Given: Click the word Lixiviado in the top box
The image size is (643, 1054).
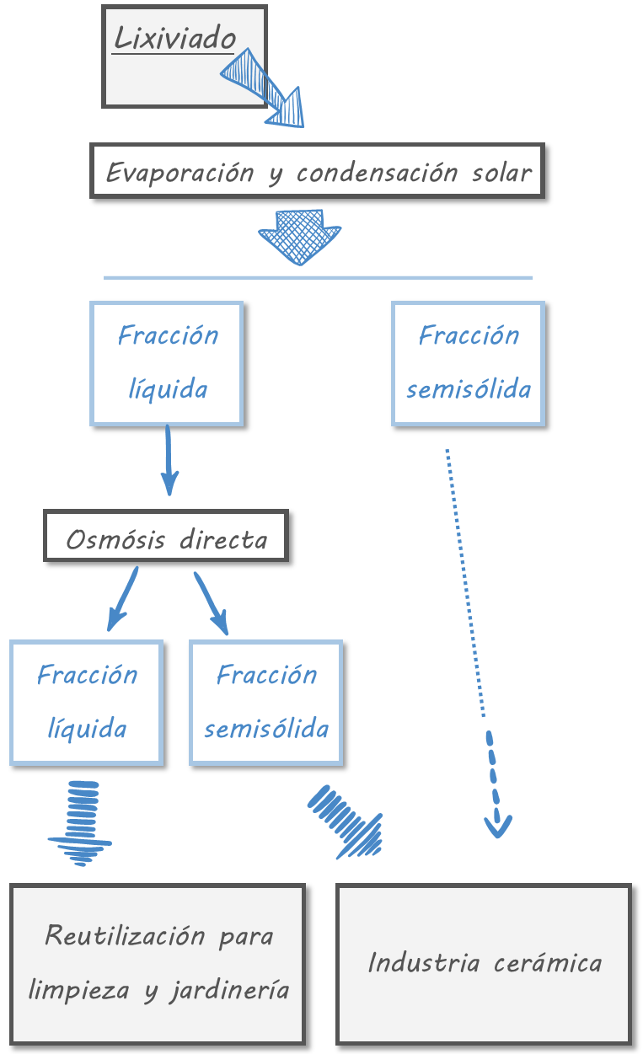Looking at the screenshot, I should [174, 38].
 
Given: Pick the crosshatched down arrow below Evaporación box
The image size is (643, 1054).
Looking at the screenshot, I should [300, 235].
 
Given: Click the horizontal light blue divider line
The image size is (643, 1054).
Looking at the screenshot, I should [318, 277].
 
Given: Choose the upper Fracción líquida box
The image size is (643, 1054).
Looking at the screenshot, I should [167, 363].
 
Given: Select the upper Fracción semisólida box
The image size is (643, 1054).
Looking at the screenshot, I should [469, 363].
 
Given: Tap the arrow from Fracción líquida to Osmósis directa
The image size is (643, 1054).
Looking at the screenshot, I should [169, 461].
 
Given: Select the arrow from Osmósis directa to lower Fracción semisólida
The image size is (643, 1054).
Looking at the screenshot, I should [212, 603].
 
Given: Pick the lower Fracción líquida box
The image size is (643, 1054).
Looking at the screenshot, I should [87, 703].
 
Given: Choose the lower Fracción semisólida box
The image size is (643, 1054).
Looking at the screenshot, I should [266, 703].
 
